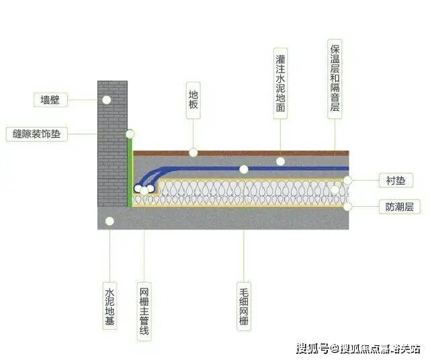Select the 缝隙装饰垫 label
pos(37,134)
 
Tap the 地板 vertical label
pos(193,101)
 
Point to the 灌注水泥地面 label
pos(281,83)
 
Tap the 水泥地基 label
pos(110,306)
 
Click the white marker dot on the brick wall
pos(106,99)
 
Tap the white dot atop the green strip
pos(130,134)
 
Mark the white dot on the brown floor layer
pos(193,152)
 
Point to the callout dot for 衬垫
pos(348,180)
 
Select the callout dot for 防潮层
pos(348,207)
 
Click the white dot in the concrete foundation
pos(110,220)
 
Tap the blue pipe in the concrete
pos(302,169)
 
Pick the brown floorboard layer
pos(269,152)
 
